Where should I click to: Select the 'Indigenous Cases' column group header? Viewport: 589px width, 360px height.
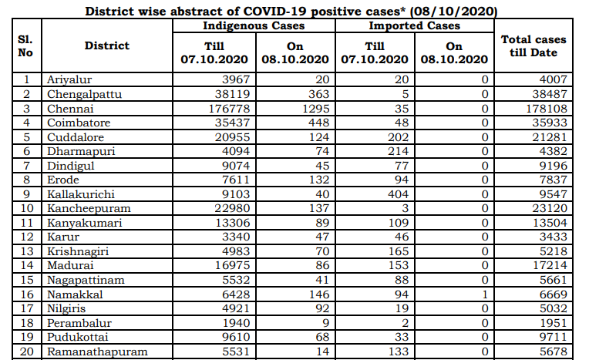point(254,26)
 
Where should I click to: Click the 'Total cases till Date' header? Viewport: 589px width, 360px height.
point(533,46)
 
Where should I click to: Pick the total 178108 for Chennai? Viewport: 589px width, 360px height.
point(543,108)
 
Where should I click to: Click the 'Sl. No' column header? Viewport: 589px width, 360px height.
point(25,46)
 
